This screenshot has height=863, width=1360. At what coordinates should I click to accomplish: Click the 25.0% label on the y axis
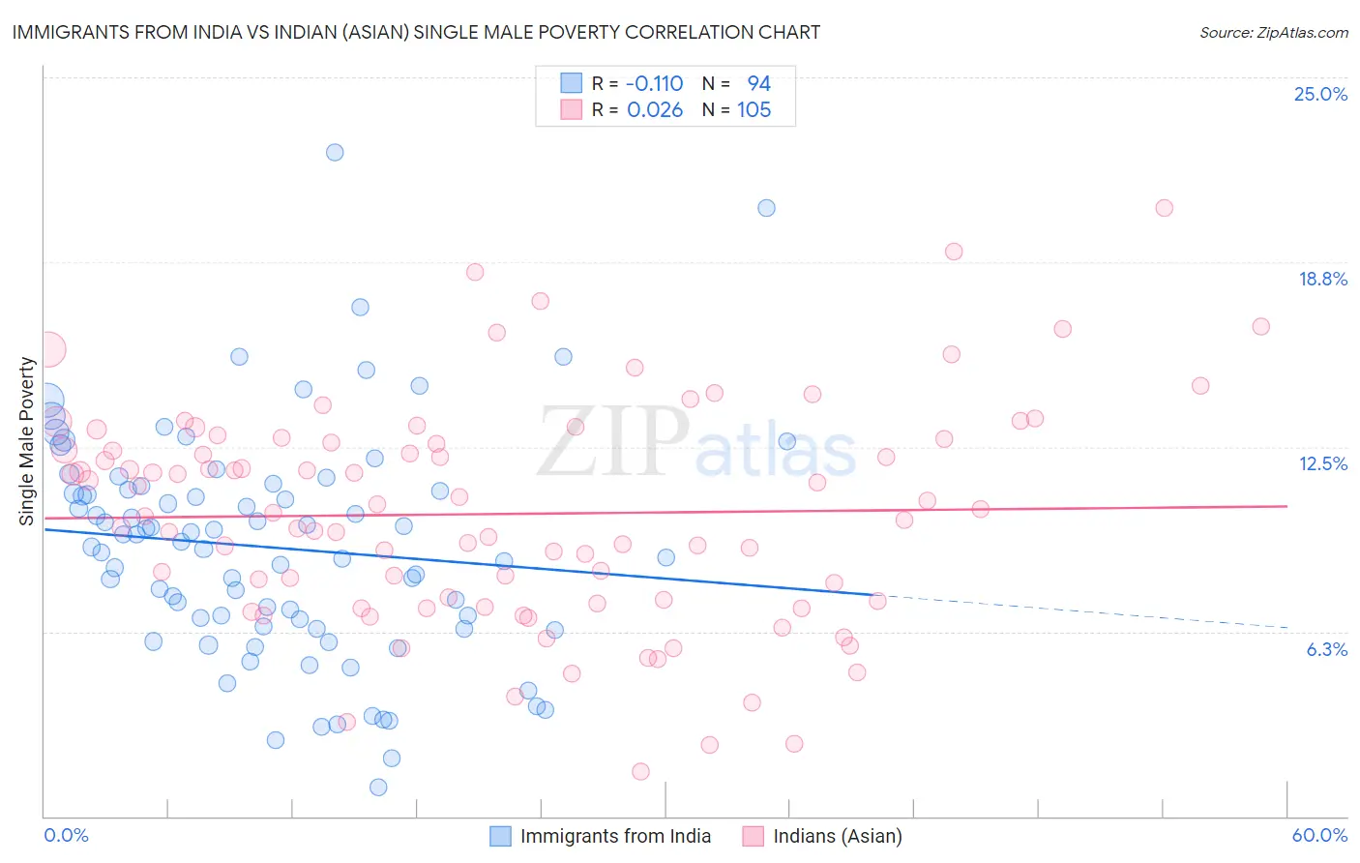tap(1320, 94)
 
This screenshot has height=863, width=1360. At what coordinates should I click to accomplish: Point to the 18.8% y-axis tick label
tap(1322, 279)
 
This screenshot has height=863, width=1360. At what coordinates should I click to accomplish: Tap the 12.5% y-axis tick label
tap(1322, 463)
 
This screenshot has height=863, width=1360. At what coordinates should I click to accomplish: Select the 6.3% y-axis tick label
tap(1326, 649)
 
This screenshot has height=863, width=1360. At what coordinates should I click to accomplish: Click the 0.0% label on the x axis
tap(67, 835)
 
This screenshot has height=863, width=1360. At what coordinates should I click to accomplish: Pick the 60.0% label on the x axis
tap(1319, 835)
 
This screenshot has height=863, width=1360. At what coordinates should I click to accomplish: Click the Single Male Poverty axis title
tap(27, 441)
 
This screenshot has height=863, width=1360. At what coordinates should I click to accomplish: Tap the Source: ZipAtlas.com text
tap(1273, 32)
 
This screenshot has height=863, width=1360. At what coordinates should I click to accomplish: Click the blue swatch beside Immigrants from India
tap(500, 836)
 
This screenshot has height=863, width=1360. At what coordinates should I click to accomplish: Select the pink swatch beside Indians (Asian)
tap(754, 836)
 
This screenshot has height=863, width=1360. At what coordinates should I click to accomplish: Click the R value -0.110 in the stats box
tap(654, 84)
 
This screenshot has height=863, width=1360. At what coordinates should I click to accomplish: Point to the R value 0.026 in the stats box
tap(655, 110)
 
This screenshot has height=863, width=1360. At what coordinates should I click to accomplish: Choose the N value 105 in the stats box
tap(754, 110)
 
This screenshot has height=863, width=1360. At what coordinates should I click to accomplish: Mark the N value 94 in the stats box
tap(758, 84)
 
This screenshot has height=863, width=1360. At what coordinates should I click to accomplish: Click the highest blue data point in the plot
tap(335, 152)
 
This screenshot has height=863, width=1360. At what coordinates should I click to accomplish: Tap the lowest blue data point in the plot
tap(378, 788)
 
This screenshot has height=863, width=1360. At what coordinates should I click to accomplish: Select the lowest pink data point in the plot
tap(640, 771)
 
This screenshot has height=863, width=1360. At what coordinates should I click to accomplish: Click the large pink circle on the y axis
tap(46, 349)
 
